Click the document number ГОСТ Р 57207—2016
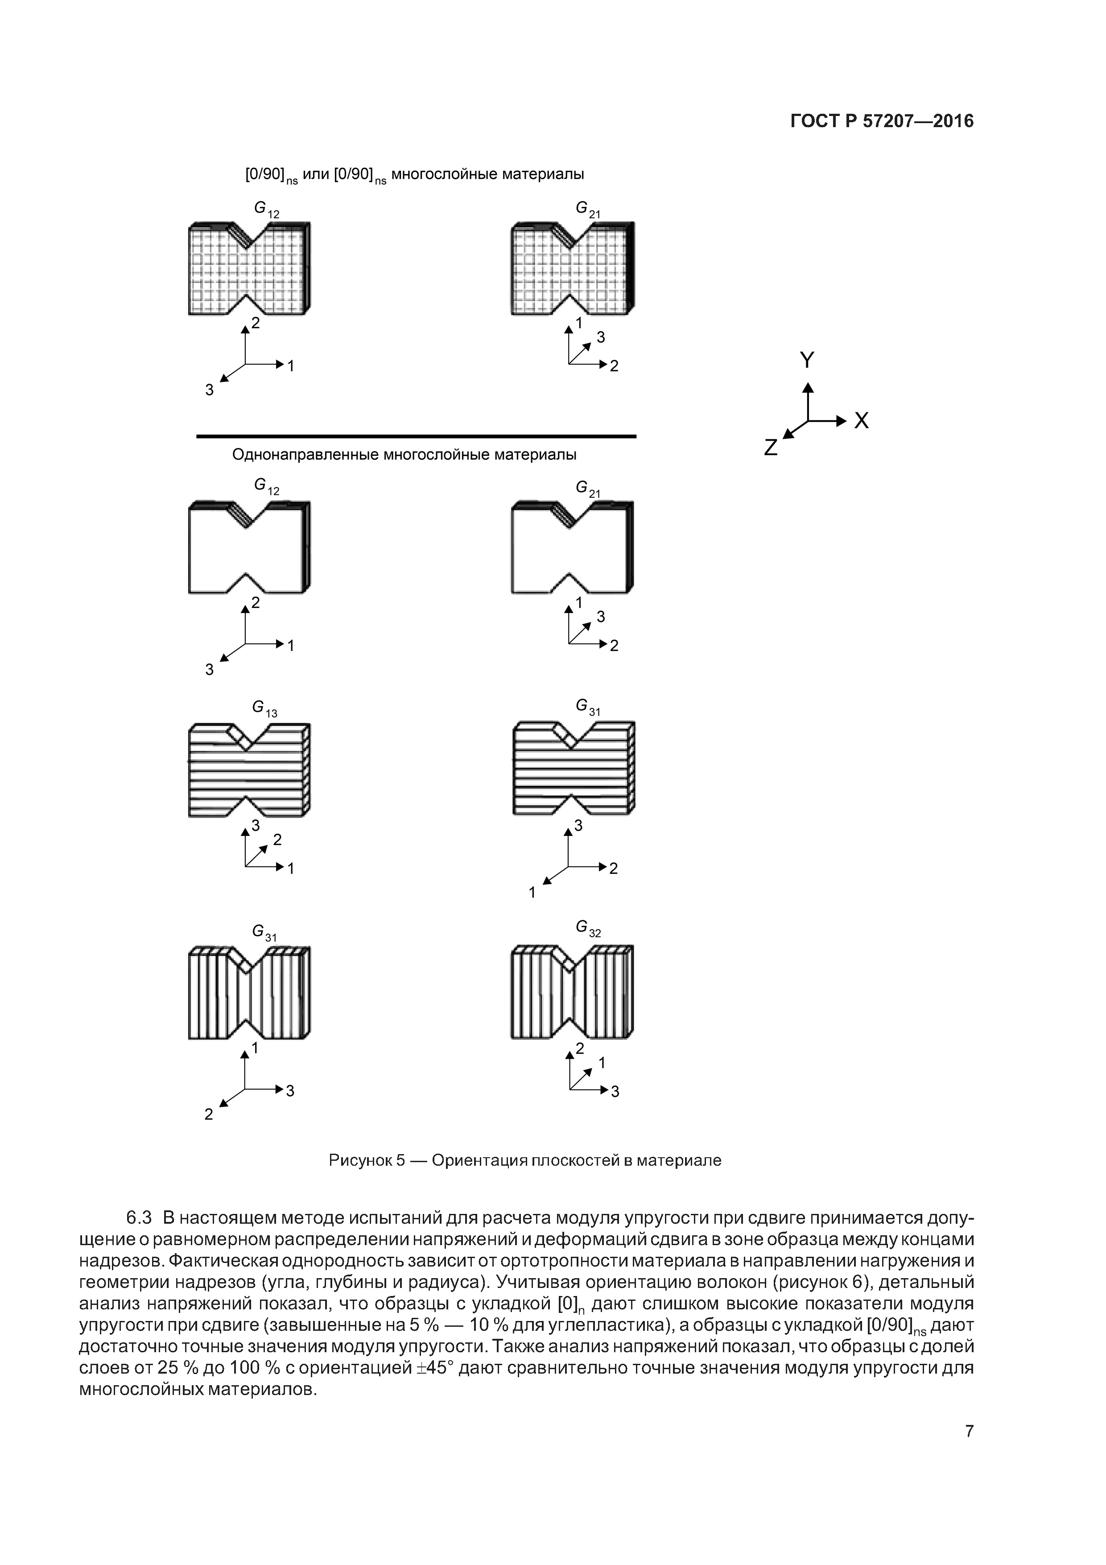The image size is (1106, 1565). [882, 121]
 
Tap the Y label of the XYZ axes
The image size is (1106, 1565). [807, 360]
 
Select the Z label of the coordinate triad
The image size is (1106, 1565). [771, 448]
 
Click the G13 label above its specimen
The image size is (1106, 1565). [264, 709]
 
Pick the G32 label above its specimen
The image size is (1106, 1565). [587, 928]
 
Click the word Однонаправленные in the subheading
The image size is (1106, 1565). [305, 455]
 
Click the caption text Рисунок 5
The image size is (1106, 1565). [367, 1160]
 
